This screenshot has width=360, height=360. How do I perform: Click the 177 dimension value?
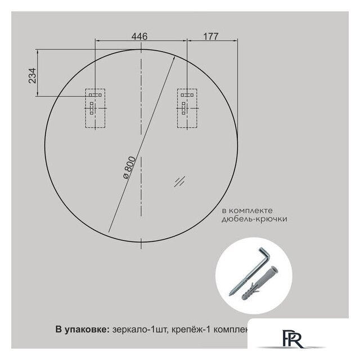pyautogui.click(x=210, y=36)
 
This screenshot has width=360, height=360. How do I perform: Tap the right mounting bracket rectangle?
pyautogui.click(x=187, y=108)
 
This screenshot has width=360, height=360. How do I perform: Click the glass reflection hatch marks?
pyautogui.click(x=180, y=181)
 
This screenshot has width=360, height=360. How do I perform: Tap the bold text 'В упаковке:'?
pyautogui.click(x=81, y=329)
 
